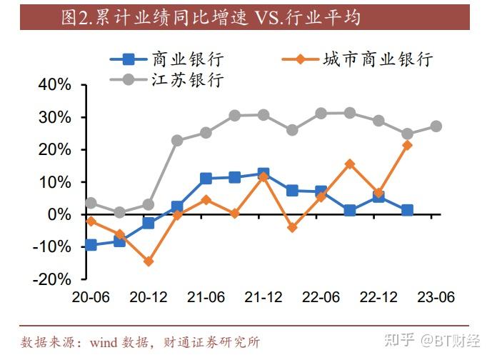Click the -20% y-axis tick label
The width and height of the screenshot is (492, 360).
point(52,279)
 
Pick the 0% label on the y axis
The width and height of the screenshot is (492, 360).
point(59,214)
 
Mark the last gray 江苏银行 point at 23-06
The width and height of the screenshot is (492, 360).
point(436,126)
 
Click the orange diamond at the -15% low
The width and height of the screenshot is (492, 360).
point(149,261)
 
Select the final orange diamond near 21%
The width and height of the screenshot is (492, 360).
point(407,145)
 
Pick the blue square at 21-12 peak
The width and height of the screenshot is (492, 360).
point(263,174)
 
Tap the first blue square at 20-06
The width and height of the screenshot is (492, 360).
point(91,245)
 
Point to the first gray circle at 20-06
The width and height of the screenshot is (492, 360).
point(91,203)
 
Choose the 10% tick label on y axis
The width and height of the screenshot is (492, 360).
point(55,181)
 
